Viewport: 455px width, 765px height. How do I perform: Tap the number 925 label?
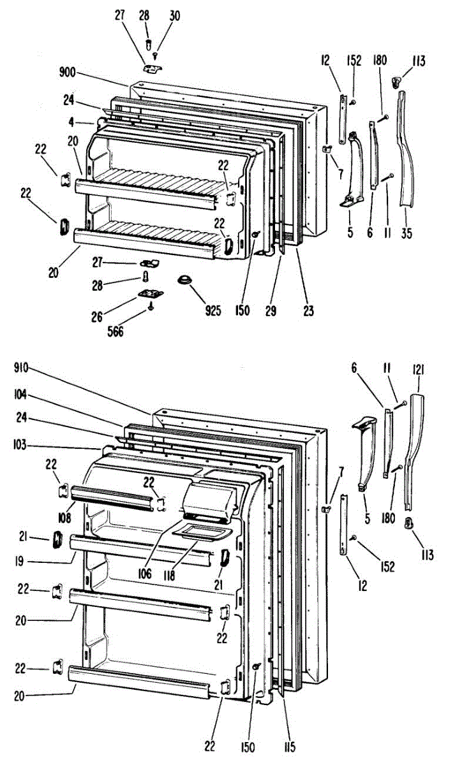coord(213,311)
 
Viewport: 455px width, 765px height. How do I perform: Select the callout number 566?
coord(116,331)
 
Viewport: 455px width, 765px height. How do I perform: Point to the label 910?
coord(22,368)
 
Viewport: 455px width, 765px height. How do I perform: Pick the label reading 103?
coord(22,446)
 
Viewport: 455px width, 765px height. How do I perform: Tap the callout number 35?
coord(407,233)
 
